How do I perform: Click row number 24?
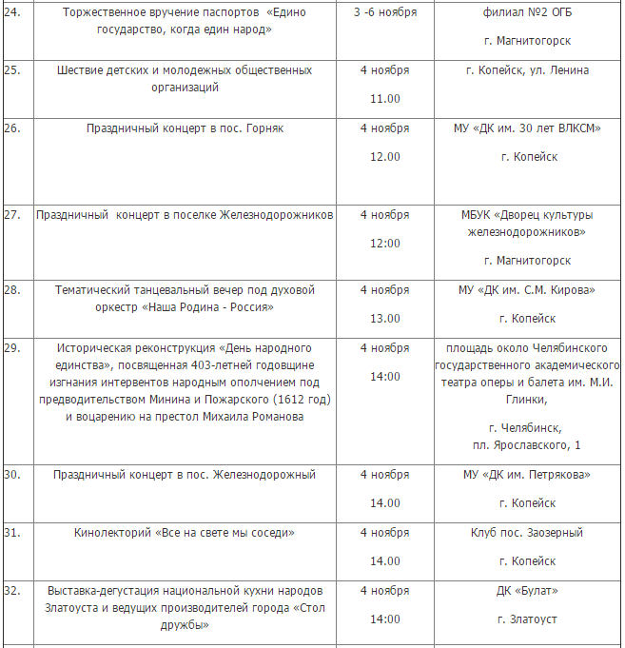(12, 12)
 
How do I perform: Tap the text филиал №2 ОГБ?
(527, 12)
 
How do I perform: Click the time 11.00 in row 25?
(385, 99)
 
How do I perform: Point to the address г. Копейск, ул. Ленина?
(527, 70)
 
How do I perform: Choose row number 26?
(12, 128)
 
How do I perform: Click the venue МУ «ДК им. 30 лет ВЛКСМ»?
(527, 128)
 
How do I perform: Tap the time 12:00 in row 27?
(385, 244)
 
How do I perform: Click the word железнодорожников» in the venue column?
(527, 231)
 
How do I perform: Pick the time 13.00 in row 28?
(385, 319)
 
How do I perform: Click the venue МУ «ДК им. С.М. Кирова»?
(527, 290)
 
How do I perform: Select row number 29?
(12, 348)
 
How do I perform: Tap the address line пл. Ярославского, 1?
(526, 445)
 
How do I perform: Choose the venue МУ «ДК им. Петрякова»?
(527, 475)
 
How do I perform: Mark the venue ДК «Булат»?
(527, 591)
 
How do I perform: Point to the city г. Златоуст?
(527, 619)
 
